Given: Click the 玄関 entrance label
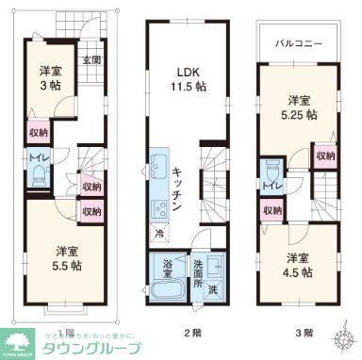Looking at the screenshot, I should click(90, 60).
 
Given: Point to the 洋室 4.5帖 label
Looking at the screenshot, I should click(296, 265).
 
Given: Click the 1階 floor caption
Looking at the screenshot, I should click(63, 332).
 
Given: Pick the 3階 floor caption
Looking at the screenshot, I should click(304, 332).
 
